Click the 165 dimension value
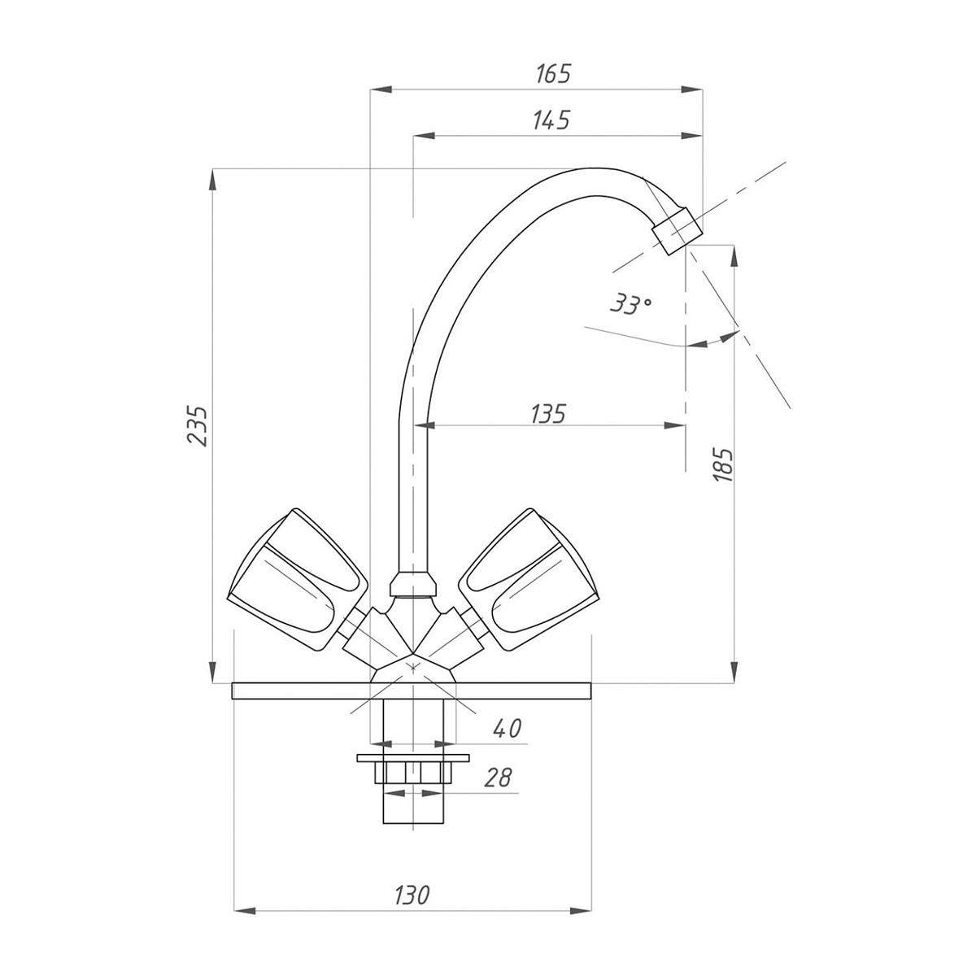(x=553, y=74)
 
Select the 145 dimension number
(x=551, y=120)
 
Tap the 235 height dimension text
(x=198, y=425)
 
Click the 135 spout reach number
(x=548, y=414)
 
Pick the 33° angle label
(x=630, y=304)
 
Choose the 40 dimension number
(x=507, y=729)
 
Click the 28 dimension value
(x=499, y=778)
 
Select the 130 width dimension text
(x=412, y=895)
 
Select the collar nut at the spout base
(x=413, y=584)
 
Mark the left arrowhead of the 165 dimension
(x=381, y=89)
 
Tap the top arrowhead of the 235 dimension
(x=213, y=180)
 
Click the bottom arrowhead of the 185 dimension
(x=735, y=672)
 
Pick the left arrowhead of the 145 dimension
(x=425, y=136)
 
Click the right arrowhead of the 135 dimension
(x=674, y=426)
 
